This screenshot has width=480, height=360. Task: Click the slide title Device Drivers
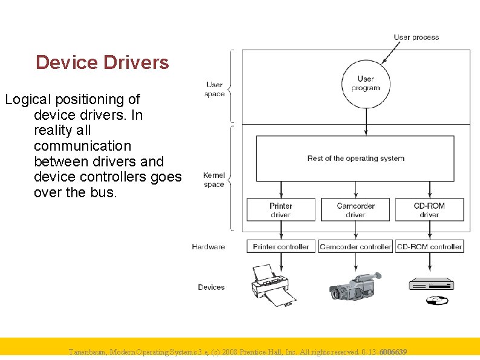point(102,62)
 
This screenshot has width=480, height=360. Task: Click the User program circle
point(365,83)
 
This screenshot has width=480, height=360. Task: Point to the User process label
point(416,38)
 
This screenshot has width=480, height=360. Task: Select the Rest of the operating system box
point(355,159)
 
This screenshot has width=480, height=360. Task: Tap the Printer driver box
point(281,210)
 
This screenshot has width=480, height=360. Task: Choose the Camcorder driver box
point(355,210)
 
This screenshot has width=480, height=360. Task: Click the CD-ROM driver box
point(429,210)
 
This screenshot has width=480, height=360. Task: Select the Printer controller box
point(281,246)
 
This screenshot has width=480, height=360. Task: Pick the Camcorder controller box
point(355,246)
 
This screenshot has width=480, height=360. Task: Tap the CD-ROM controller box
point(429,246)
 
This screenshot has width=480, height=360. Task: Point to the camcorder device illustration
point(355,285)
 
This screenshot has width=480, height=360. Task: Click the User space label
point(215,90)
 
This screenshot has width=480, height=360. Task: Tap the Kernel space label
point(214,180)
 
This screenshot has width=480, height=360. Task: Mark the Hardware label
point(208,247)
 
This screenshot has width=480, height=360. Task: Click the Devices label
point(211,287)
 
